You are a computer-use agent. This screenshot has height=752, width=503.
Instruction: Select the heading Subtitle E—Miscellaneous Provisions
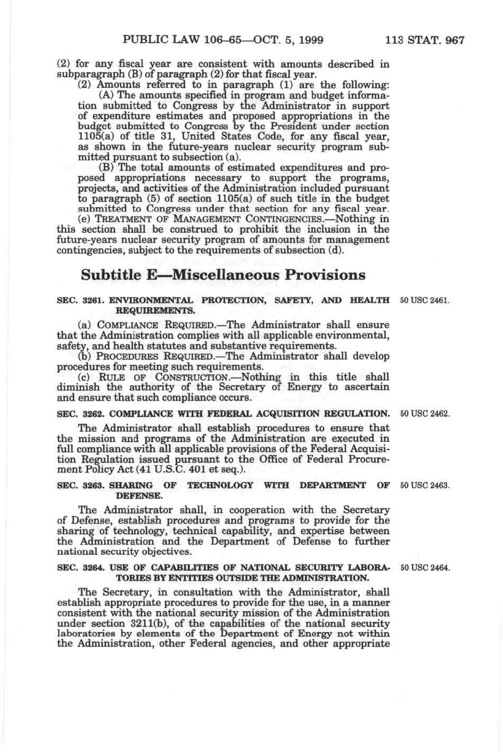point(223,275)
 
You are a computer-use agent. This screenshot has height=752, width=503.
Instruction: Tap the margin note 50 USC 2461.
point(425,300)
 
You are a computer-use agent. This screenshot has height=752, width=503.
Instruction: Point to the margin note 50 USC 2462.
point(425,413)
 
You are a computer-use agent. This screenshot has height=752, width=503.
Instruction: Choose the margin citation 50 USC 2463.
point(425,485)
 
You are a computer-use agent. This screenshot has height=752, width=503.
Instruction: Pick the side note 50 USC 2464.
point(425,568)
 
